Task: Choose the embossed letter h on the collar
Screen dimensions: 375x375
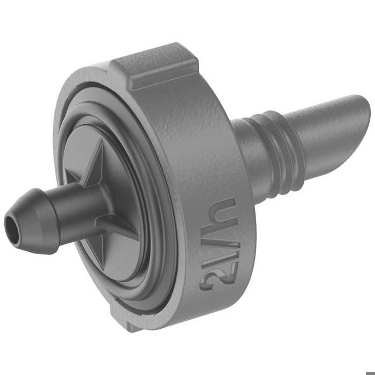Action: point(227,214)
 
